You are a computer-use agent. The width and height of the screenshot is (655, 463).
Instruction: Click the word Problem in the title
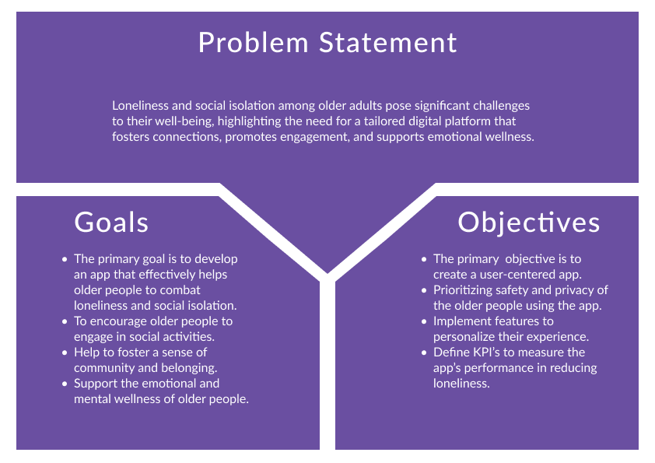(x=253, y=43)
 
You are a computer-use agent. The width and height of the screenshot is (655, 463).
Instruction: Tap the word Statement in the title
(x=388, y=43)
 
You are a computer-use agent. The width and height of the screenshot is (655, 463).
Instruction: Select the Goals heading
(x=111, y=222)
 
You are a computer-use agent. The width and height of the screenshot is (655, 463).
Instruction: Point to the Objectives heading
(x=528, y=223)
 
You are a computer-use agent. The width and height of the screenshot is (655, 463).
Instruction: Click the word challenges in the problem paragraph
(x=501, y=106)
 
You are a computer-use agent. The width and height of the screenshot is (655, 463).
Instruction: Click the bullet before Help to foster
(x=65, y=353)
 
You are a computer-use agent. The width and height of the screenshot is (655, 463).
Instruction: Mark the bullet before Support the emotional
(x=65, y=384)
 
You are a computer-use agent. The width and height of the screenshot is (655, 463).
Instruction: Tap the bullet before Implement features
(x=424, y=321)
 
